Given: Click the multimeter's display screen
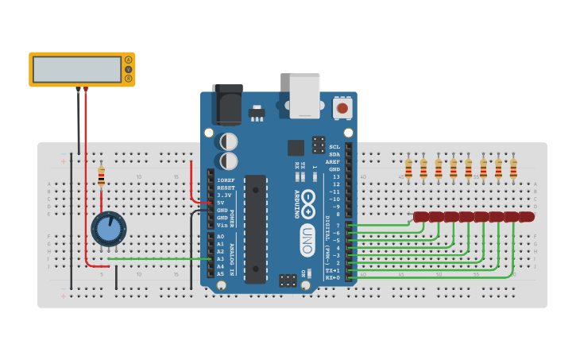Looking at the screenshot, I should (x=77, y=69).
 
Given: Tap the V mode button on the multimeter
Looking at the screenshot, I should (x=128, y=69).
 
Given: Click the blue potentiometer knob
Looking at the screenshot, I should (x=108, y=229).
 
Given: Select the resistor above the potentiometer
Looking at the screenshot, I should (x=101, y=177).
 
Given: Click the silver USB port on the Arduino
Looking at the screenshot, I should (x=304, y=95).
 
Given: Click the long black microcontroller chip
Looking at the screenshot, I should (x=255, y=229).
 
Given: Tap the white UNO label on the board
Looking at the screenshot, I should (x=307, y=240).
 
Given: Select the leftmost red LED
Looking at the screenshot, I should (x=421, y=217).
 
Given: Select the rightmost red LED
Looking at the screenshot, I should (x=526, y=217).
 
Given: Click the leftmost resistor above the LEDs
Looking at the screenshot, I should (x=408, y=168).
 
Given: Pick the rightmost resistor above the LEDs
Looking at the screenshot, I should (x=513, y=168).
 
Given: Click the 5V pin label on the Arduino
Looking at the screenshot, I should (x=223, y=203).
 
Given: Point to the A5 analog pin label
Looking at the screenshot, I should (x=221, y=273).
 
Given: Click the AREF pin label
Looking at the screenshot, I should (x=333, y=161).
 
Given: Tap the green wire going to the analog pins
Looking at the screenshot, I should (x=159, y=259).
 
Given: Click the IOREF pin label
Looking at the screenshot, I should (x=226, y=180).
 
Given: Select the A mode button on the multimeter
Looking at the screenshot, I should (x=128, y=60).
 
